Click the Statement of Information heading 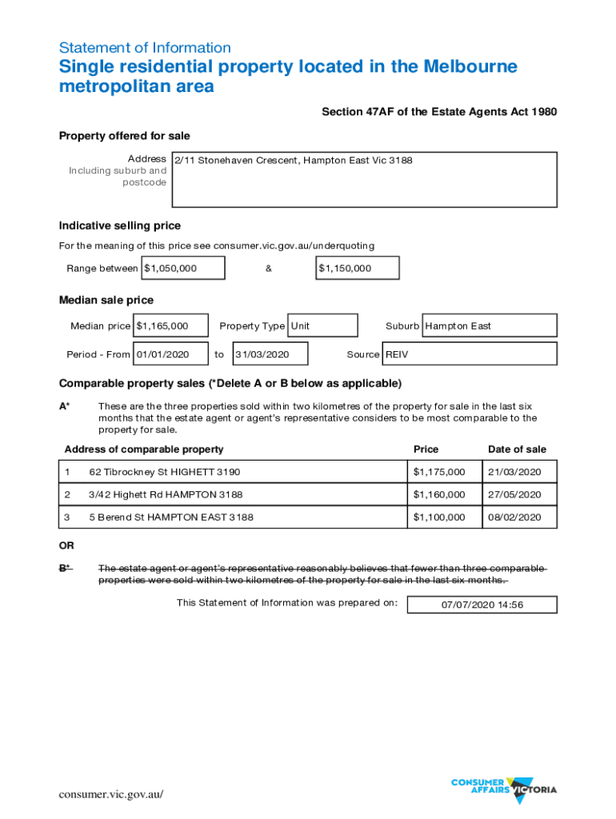pyautogui.click(x=145, y=47)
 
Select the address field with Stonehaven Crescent pyautogui.click(x=364, y=179)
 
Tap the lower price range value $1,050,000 pyautogui.click(x=183, y=268)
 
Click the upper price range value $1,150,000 pyautogui.click(x=358, y=268)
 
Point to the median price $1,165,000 pyautogui.click(x=171, y=326)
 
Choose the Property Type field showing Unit pyautogui.click(x=322, y=326)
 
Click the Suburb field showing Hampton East pyautogui.click(x=489, y=326)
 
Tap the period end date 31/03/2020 pyautogui.click(x=270, y=354)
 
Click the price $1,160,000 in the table pyautogui.click(x=438, y=494)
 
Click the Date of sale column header pyautogui.click(x=517, y=449)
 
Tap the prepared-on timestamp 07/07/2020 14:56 pyautogui.click(x=482, y=605)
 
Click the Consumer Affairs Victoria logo pyautogui.click(x=504, y=788)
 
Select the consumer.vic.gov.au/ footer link pyautogui.click(x=111, y=794)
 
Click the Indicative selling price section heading pyautogui.click(x=120, y=226)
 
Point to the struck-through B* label pyautogui.click(x=65, y=568)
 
